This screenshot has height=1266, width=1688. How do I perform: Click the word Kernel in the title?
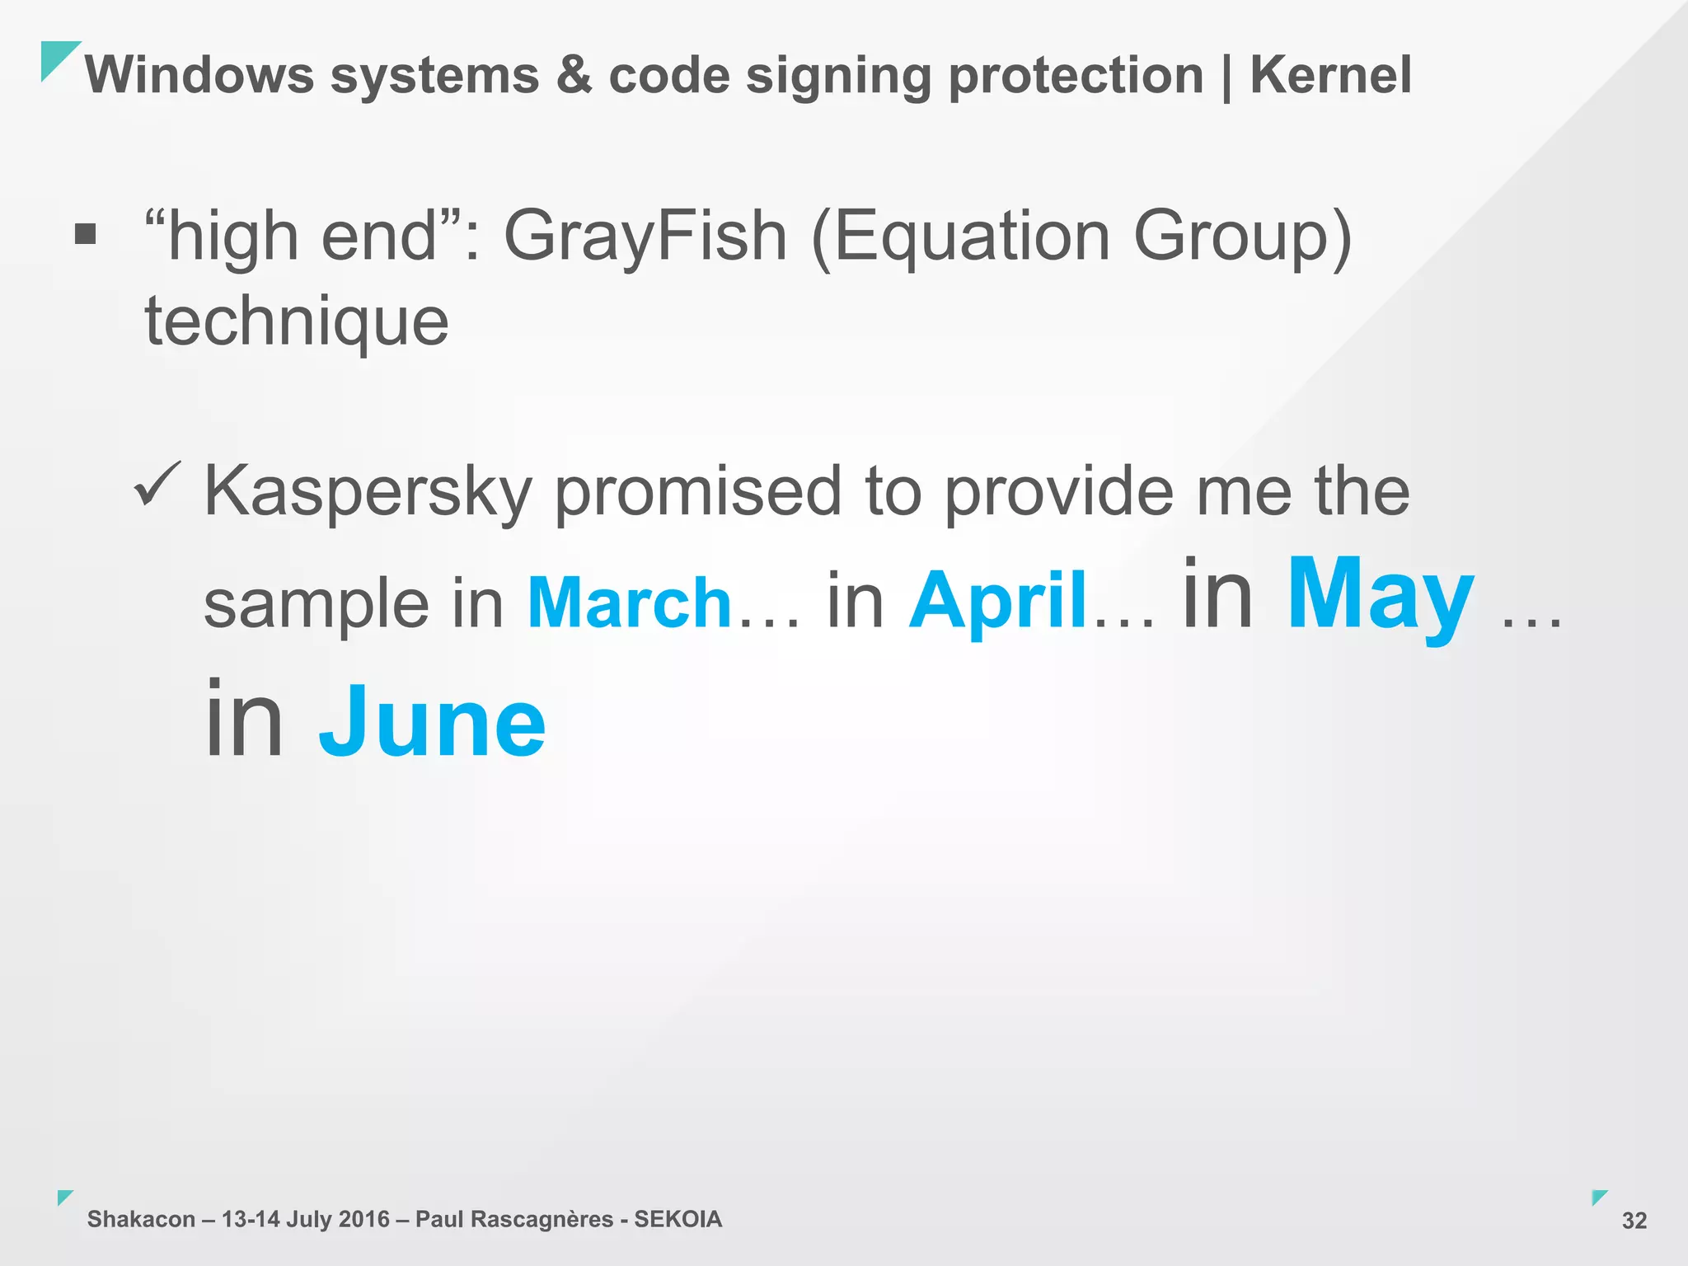(x=1330, y=75)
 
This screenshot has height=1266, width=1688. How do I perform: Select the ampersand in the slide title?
(x=574, y=75)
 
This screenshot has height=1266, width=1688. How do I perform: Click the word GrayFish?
(x=645, y=237)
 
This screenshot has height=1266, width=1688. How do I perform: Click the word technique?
(x=297, y=322)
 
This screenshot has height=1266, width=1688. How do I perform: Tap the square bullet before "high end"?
(x=85, y=235)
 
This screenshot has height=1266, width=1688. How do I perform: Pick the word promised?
(x=698, y=491)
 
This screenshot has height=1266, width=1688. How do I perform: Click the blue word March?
(x=630, y=603)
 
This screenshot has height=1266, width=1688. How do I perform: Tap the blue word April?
(x=999, y=601)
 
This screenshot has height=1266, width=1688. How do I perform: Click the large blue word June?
(x=433, y=722)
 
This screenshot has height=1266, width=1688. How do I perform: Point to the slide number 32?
(x=1634, y=1221)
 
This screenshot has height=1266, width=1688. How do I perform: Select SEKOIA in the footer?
(x=678, y=1219)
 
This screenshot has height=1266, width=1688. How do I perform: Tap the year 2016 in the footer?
(x=363, y=1219)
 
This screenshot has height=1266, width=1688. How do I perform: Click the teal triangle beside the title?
(x=56, y=57)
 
